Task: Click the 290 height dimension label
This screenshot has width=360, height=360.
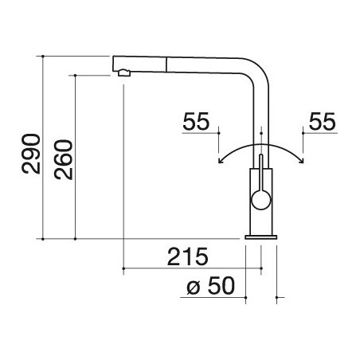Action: [31, 154]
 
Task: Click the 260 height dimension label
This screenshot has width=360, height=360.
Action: [63, 159]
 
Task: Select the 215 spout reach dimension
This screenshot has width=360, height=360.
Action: [188, 256]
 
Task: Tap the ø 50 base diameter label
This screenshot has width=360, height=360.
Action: [211, 286]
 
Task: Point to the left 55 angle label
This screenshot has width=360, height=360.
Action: [196, 121]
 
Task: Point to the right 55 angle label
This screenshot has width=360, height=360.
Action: [323, 121]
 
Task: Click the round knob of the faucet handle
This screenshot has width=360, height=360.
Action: [261, 200]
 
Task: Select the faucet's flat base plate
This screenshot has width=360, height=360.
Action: [260, 237]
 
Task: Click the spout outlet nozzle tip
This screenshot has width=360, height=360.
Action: [123, 72]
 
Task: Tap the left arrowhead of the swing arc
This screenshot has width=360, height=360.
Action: [220, 160]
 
